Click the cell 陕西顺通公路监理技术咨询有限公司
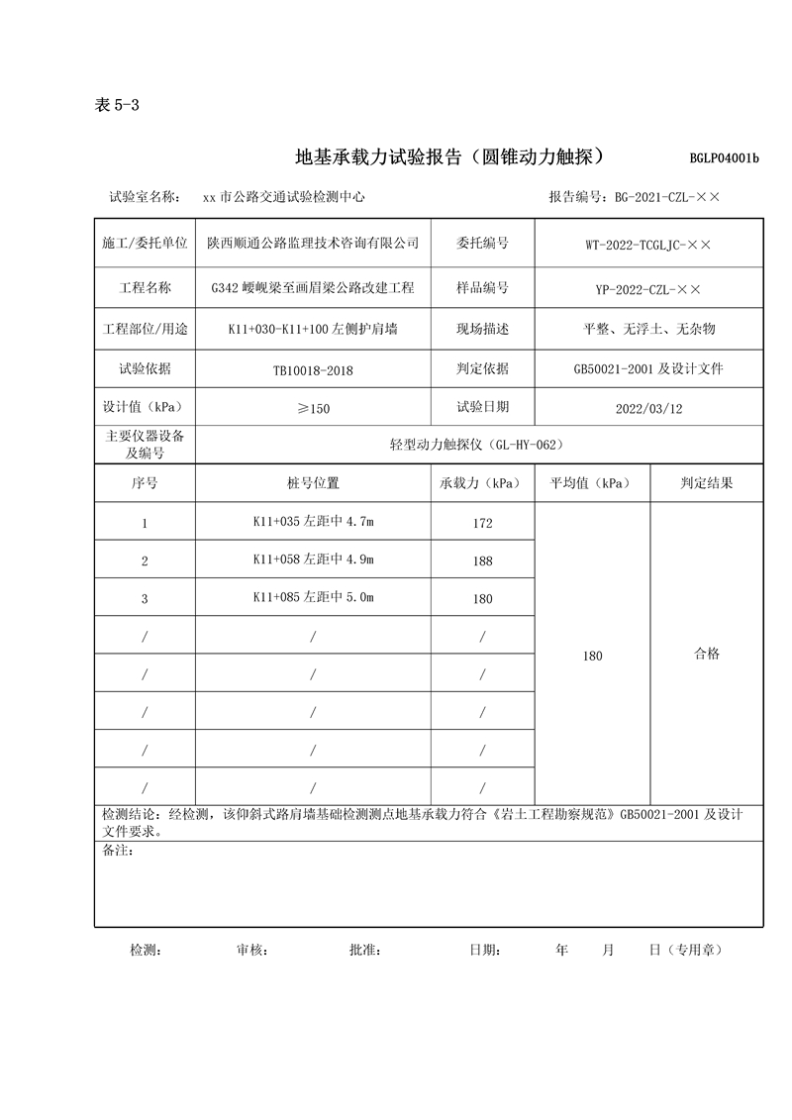tap(313, 243)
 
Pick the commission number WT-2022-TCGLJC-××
tap(648, 244)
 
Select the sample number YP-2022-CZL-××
tap(648, 289)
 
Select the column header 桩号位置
tap(313, 483)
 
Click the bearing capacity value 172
tap(482, 523)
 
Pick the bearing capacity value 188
tap(482, 560)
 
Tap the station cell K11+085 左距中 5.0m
tap(313, 597)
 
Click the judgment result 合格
tap(707, 654)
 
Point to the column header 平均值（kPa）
tap(592, 483)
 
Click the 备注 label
tap(118, 851)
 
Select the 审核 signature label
tap(251, 950)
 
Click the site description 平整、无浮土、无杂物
tap(648, 329)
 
